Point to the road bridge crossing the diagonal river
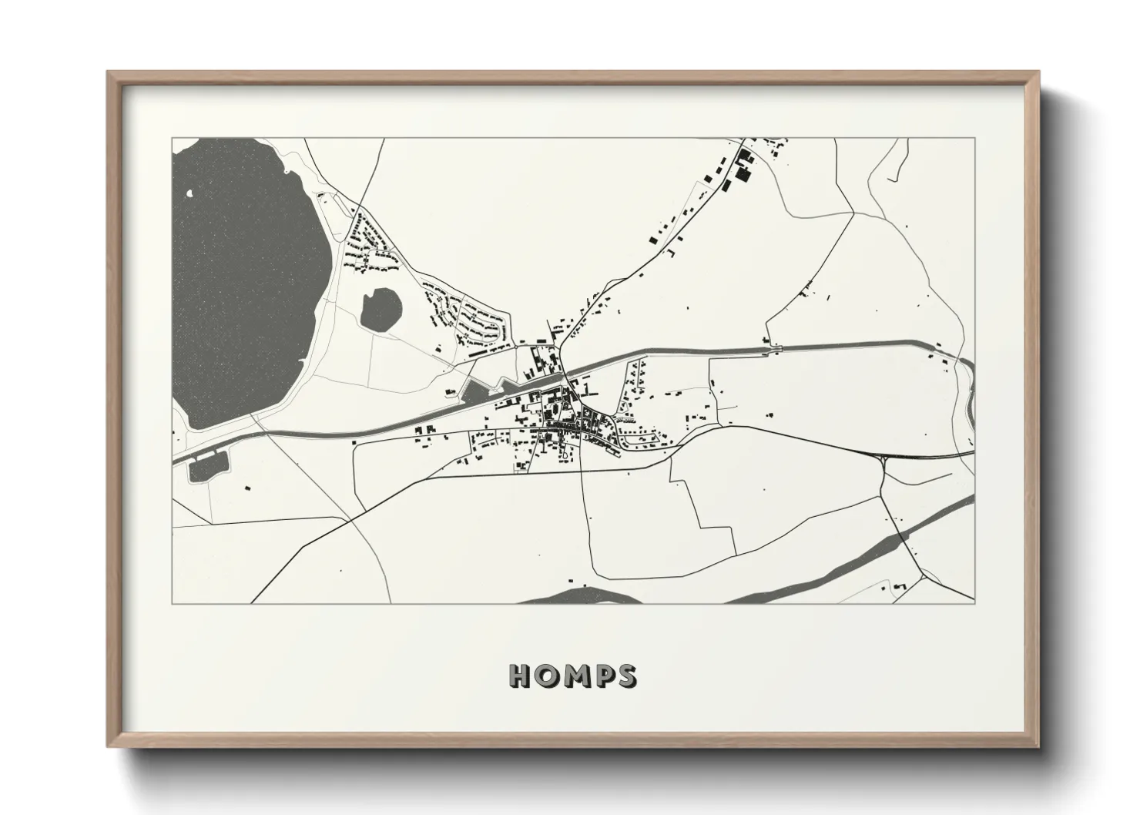click(903, 536)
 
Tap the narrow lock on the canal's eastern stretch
click(775, 350)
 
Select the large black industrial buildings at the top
click(743, 166)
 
